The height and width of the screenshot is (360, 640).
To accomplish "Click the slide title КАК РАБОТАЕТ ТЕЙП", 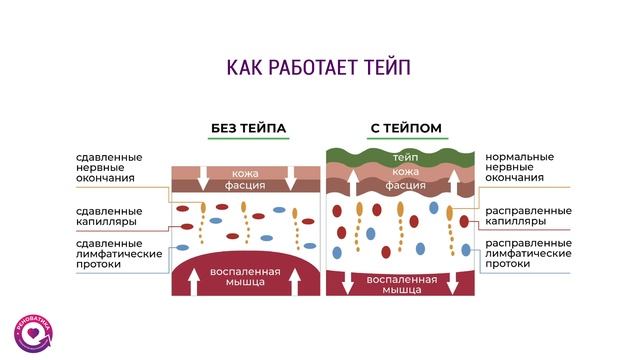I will [x=319, y=68].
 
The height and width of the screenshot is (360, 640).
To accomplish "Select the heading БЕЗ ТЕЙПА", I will [x=248, y=128].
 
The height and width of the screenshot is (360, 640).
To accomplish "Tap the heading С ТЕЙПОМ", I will [x=406, y=128].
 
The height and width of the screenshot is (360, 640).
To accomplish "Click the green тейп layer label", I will [x=405, y=158].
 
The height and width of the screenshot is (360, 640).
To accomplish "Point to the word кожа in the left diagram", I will [x=245, y=172].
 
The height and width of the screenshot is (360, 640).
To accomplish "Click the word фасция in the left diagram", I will [x=245, y=186].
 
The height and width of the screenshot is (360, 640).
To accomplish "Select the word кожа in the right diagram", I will [x=405, y=172].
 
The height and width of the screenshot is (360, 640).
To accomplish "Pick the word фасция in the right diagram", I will [x=405, y=186].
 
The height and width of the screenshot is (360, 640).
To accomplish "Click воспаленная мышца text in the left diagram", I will [x=245, y=276].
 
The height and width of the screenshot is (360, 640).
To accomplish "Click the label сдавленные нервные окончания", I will [x=109, y=167].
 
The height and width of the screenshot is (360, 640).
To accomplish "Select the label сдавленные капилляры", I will [x=109, y=216].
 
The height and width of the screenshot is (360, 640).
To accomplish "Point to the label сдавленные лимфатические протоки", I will [x=109, y=254].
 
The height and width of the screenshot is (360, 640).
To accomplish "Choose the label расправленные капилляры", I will [x=527, y=216].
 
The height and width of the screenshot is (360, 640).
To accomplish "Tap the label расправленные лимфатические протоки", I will [x=527, y=254].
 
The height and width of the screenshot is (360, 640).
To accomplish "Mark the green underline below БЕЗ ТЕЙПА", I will [x=248, y=139].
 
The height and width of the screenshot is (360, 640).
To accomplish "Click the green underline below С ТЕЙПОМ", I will [x=406, y=139].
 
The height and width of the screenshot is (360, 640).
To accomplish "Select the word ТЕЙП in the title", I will [x=384, y=68].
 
